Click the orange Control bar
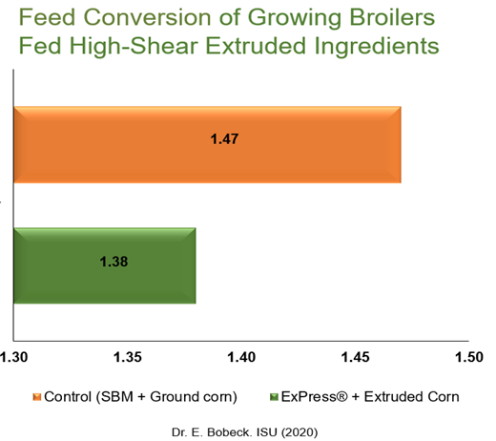tap(207, 145)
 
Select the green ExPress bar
tap(105, 265)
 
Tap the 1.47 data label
tap(224, 139)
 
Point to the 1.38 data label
tap(114, 262)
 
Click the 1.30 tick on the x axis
tap(13, 357)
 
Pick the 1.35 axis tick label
tap(128, 357)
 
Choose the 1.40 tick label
tap(241, 357)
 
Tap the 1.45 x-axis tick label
tap(355, 357)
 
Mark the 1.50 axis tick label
tap(469, 357)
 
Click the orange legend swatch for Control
tap(37, 397)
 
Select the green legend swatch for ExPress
tap(274, 397)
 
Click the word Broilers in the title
tap(392, 17)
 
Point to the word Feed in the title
tap(47, 17)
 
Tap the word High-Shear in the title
tap(134, 46)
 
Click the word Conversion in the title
tap(147, 17)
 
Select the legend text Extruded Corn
tap(411, 397)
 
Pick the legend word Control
tap(68, 397)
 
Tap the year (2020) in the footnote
tap(300, 432)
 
